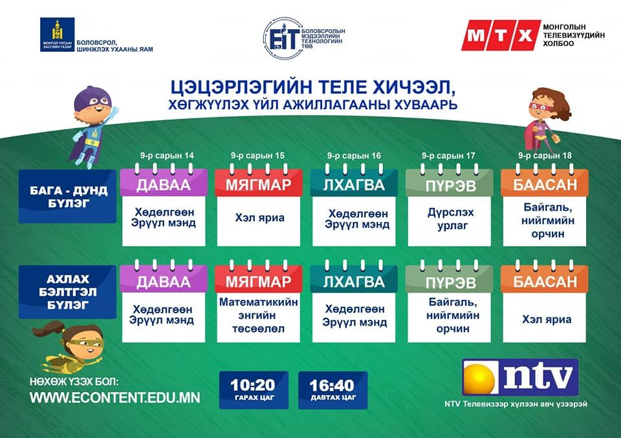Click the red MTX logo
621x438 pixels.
point(501,36)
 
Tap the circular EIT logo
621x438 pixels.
point(283,38)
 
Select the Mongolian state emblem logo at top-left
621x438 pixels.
point(58,34)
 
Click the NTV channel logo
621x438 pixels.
point(520,377)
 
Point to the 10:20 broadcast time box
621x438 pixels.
point(254,390)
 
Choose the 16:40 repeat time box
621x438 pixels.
point(332,390)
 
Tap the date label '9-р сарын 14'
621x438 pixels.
point(167,156)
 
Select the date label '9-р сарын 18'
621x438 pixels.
point(545,156)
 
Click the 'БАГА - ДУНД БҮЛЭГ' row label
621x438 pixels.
point(68,196)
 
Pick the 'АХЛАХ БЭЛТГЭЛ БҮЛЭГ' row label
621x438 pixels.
point(68,292)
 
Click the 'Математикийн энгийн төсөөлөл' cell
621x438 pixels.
point(258,315)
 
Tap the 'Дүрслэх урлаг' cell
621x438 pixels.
point(450,219)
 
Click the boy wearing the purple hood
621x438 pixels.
point(93,126)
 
